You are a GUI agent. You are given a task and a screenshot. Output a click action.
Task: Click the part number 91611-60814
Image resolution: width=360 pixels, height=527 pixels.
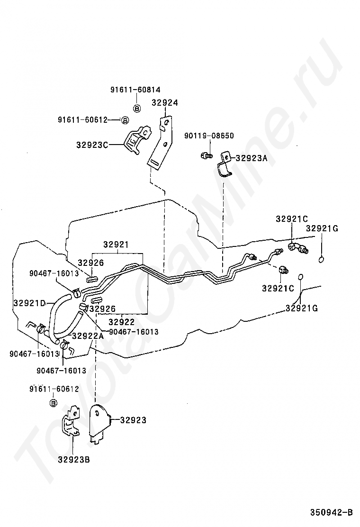pos(135,90)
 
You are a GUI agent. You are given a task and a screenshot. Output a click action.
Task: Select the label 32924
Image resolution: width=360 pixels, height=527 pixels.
pos(165,102)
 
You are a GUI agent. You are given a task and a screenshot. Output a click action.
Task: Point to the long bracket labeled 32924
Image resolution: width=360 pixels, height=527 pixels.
pos(160,142)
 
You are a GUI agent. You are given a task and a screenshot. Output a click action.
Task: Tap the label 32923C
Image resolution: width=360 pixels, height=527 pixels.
pos(92,145)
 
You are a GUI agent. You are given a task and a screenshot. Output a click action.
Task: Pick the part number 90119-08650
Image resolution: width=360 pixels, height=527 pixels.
pos(210,136)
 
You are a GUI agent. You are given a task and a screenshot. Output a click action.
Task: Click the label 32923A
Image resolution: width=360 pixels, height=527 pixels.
pos(252,159)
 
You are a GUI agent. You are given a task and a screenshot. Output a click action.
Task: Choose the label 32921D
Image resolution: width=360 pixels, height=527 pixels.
pos(29,303)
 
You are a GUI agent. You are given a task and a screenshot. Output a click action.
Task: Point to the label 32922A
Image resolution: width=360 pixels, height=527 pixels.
pos(87,336)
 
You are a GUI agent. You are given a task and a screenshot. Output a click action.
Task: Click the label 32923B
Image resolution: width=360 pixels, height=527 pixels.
pos(74,459)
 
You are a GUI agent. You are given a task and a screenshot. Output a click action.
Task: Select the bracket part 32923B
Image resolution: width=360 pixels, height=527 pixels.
pos(72,422)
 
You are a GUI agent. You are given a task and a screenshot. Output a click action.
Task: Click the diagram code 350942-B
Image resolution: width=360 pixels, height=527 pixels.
pos(332,512)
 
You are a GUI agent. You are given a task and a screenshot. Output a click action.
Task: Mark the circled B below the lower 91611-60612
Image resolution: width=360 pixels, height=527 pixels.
pos(54,403)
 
